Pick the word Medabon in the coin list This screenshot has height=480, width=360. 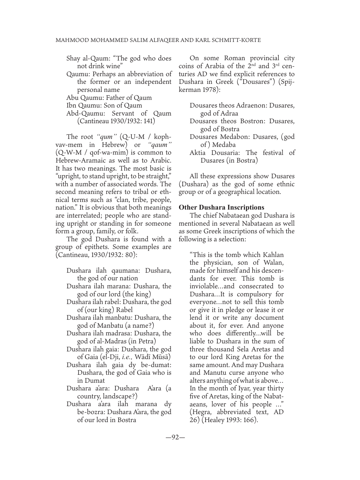click(242, 137)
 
